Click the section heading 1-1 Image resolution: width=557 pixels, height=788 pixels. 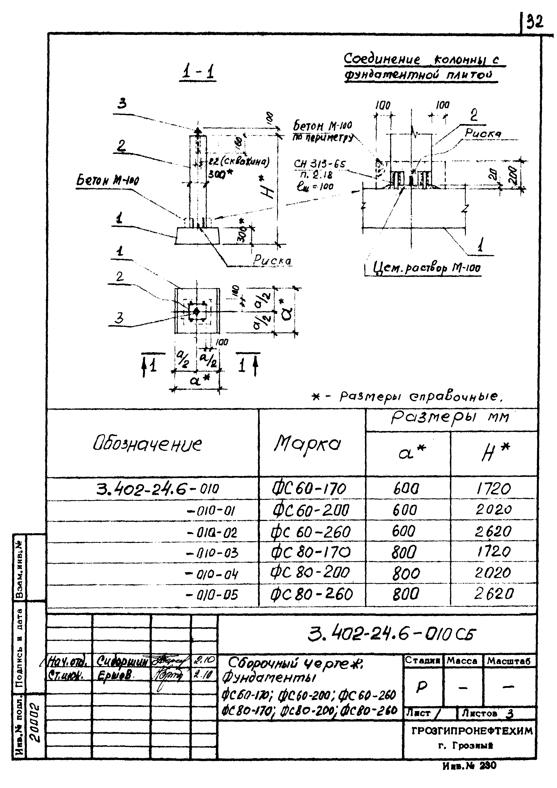click(x=198, y=72)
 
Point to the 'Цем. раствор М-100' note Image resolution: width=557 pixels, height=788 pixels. click(x=426, y=268)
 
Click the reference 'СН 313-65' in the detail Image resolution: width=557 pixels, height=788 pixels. click(x=319, y=165)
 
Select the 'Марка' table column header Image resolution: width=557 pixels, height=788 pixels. click(x=307, y=444)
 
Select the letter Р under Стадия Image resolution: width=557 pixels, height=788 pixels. click(x=421, y=687)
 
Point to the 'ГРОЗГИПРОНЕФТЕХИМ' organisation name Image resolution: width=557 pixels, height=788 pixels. click(x=472, y=731)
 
